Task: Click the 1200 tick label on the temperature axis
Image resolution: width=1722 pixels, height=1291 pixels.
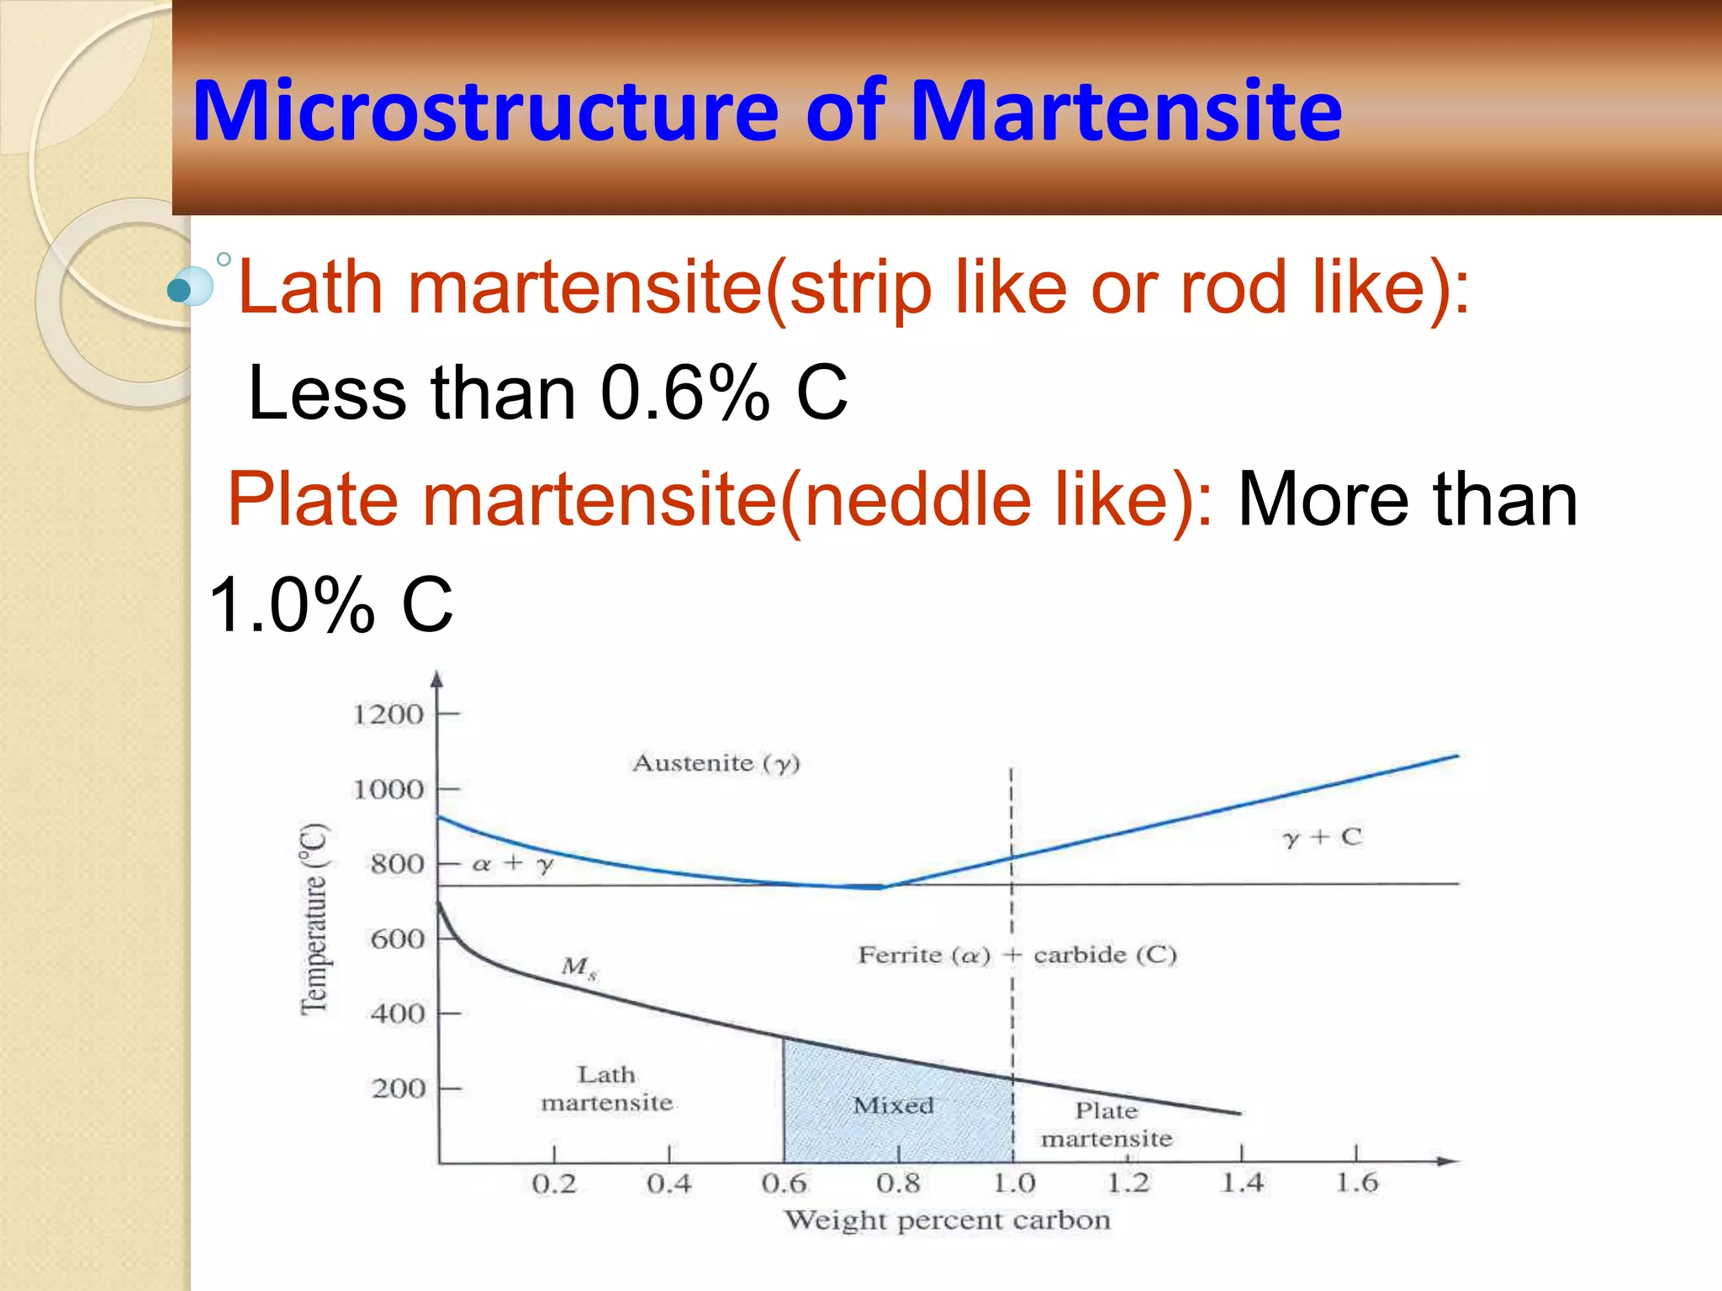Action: coord(388,715)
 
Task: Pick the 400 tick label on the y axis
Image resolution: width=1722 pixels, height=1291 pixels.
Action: coord(397,1014)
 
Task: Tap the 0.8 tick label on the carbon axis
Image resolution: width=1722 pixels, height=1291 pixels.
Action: coord(898,1184)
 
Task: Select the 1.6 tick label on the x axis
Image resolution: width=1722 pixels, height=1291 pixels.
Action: coord(1356,1183)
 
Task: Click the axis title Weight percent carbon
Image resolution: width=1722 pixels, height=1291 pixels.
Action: coord(947,1220)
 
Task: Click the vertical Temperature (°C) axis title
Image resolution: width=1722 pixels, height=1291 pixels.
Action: coord(314,920)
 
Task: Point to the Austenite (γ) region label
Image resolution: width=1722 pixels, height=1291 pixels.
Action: coord(716,763)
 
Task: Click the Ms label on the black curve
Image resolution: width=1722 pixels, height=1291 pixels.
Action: coord(578,967)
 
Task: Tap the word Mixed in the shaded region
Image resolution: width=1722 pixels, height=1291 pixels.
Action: coord(893,1105)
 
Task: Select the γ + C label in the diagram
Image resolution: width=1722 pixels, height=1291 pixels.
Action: coord(1321,837)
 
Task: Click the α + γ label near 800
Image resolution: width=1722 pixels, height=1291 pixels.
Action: coord(512,864)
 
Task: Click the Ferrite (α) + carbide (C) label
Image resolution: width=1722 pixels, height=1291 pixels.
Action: coord(1017,956)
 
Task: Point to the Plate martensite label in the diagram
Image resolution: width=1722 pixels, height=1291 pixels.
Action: coord(1106,1125)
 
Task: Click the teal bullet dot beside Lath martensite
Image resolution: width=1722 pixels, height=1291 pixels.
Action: coord(179,291)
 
